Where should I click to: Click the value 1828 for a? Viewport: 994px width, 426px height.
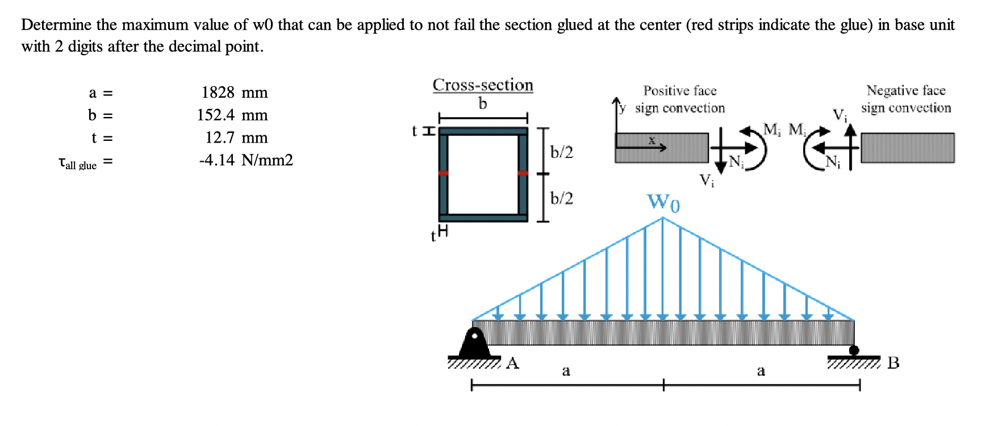(x=218, y=93)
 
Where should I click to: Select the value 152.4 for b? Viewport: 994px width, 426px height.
(x=216, y=115)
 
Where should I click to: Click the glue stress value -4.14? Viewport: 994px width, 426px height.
(x=216, y=160)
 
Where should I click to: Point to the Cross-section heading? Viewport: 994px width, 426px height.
(x=483, y=85)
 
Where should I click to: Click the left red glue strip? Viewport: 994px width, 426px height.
(x=443, y=173)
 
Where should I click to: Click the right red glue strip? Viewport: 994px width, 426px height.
(x=523, y=173)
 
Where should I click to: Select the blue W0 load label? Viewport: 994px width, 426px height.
(x=663, y=202)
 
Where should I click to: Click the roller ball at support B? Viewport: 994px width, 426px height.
(x=854, y=350)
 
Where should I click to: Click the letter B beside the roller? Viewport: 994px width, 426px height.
(x=893, y=362)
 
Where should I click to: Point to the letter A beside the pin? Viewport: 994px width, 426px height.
(x=512, y=363)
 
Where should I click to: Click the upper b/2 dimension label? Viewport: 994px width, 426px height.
(x=561, y=152)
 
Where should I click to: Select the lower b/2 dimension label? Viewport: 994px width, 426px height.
(x=561, y=198)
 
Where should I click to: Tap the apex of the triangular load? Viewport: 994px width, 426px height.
(x=663, y=218)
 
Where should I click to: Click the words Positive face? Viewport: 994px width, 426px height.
(x=679, y=91)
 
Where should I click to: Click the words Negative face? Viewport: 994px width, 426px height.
(x=905, y=91)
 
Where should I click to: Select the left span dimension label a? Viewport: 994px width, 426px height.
(x=566, y=371)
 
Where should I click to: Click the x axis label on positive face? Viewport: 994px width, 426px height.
(x=652, y=140)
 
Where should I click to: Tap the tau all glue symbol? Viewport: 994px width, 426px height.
(x=77, y=164)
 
